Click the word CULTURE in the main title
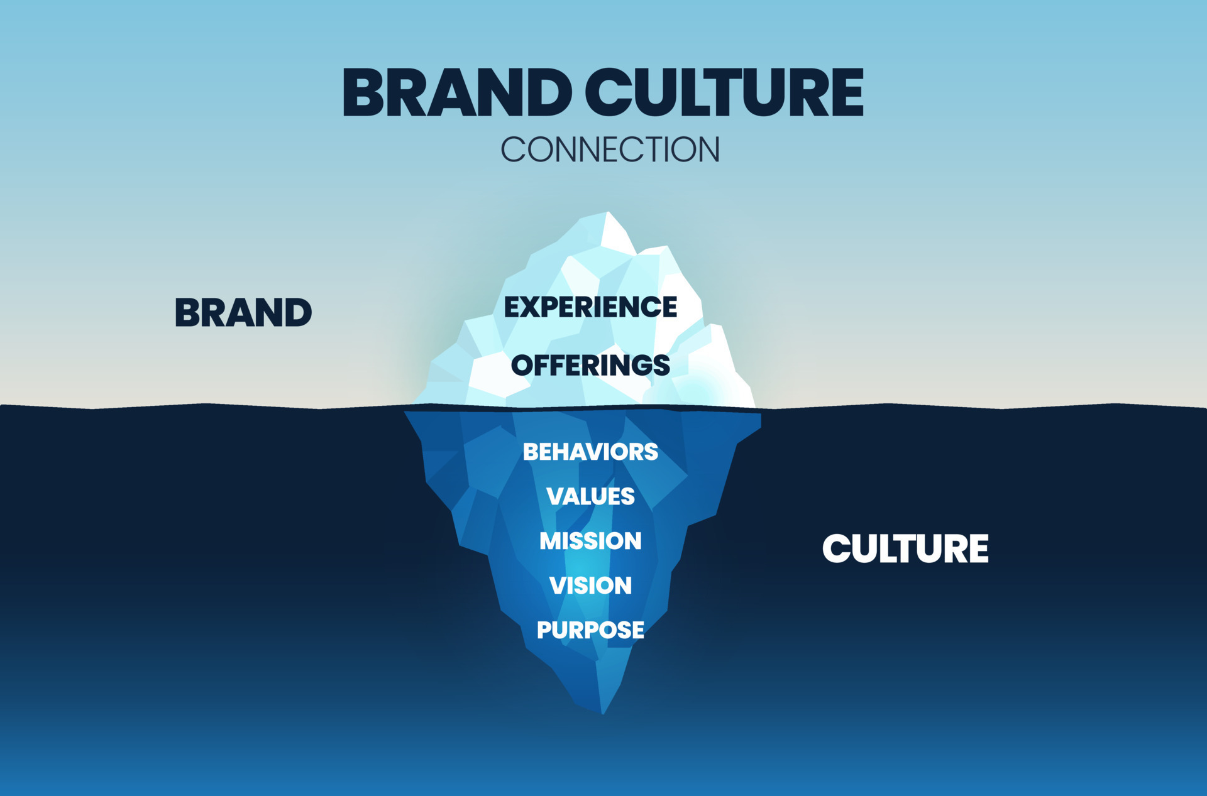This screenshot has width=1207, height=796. (x=724, y=93)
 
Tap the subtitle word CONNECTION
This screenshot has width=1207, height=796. (x=610, y=150)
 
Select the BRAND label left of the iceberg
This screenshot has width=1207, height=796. (x=243, y=313)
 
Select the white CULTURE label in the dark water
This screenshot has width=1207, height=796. (x=905, y=548)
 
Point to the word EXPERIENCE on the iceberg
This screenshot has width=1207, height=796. (x=590, y=307)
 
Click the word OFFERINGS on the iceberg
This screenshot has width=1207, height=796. (x=590, y=366)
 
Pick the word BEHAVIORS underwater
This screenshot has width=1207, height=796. (x=590, y=452)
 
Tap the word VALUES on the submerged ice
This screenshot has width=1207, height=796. (x=590, y=496)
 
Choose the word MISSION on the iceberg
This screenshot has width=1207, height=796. (x=590, y=541)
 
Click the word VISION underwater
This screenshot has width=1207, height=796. (x=590, y=586)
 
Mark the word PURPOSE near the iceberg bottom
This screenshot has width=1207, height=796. (x=590, y=630)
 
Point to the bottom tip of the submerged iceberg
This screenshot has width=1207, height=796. (x=603, y=712)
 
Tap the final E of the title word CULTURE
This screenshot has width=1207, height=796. (x=846, y=93)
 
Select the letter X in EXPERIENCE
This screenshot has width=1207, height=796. (x=534, y=307)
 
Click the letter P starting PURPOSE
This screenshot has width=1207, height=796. (x=544, y=630)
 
